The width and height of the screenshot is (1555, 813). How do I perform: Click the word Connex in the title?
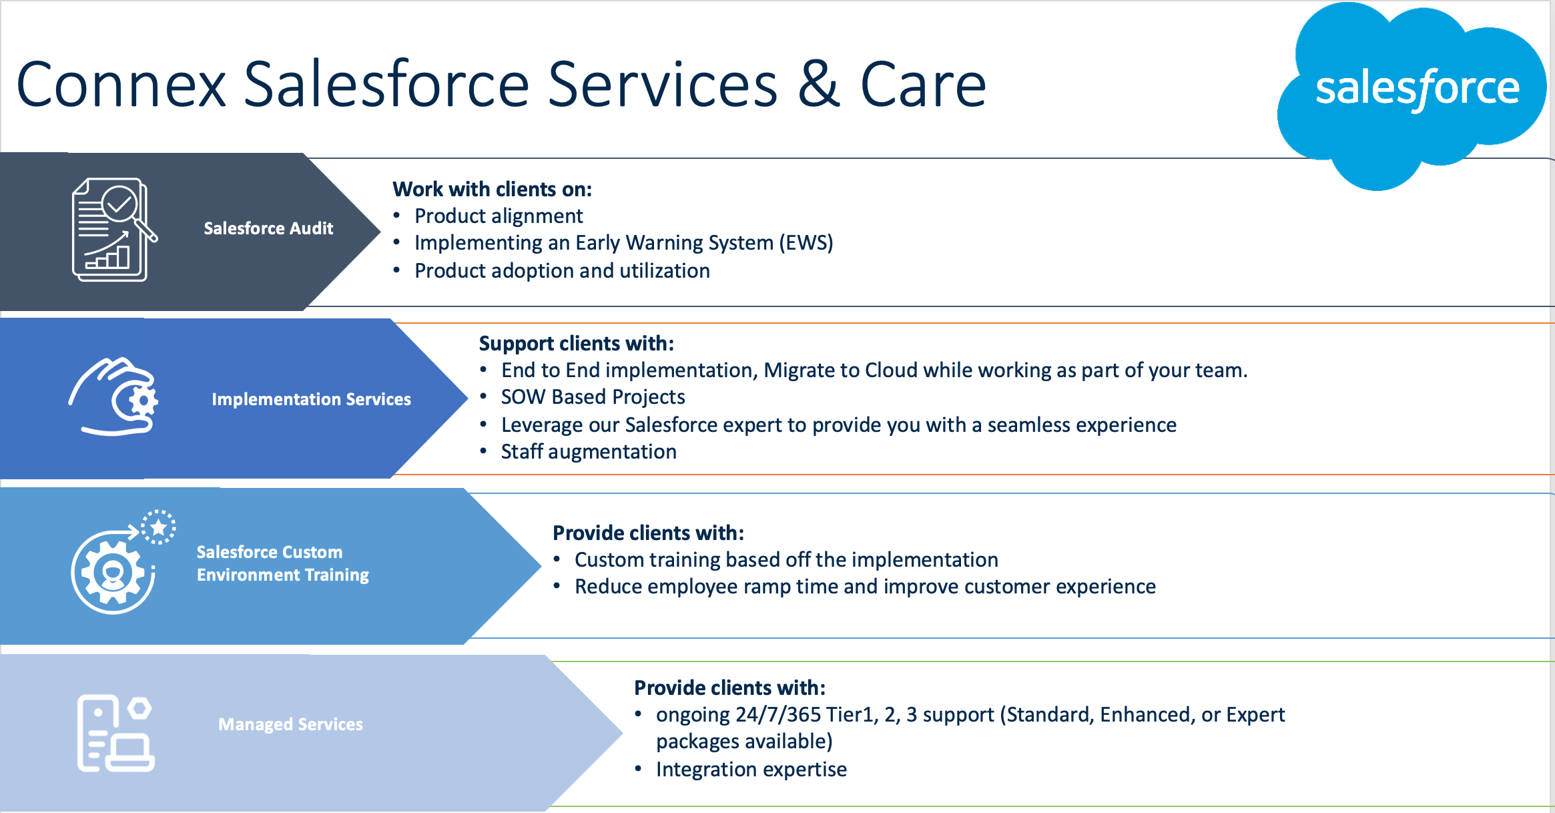click(121, 85)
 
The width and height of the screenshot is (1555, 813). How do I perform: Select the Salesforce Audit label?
click(268, 228)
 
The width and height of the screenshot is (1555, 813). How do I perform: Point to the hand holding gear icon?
click(113, 396)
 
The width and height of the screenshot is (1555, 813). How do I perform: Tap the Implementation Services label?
click(311, 399)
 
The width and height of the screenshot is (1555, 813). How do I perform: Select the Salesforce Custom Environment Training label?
click(282, 563)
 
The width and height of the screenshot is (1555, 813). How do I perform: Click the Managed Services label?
click(290, 724)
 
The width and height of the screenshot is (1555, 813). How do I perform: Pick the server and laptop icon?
click(115, 733)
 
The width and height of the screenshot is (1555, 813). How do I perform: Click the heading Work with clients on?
click(492, 189)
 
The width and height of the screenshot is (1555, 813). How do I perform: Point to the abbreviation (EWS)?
click(806, 242)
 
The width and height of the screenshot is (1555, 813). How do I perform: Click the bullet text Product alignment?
click(499, 216)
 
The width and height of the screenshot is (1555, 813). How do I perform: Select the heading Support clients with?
click(577, 343)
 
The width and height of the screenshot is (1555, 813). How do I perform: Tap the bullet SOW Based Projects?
click(593, 397)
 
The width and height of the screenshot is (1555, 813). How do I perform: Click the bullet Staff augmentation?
click(589, 452)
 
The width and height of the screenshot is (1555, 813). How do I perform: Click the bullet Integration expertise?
click(751, 770)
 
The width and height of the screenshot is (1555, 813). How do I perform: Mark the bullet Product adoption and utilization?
click(562, 271)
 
